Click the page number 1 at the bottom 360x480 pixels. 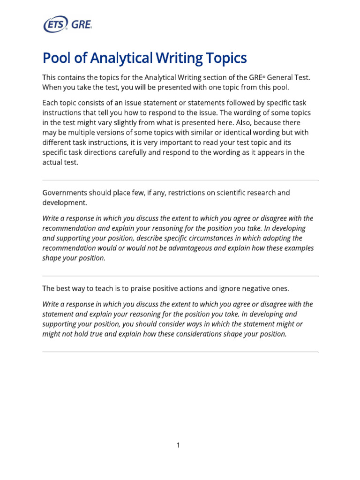pyautogui.click(x=179, y=445)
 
